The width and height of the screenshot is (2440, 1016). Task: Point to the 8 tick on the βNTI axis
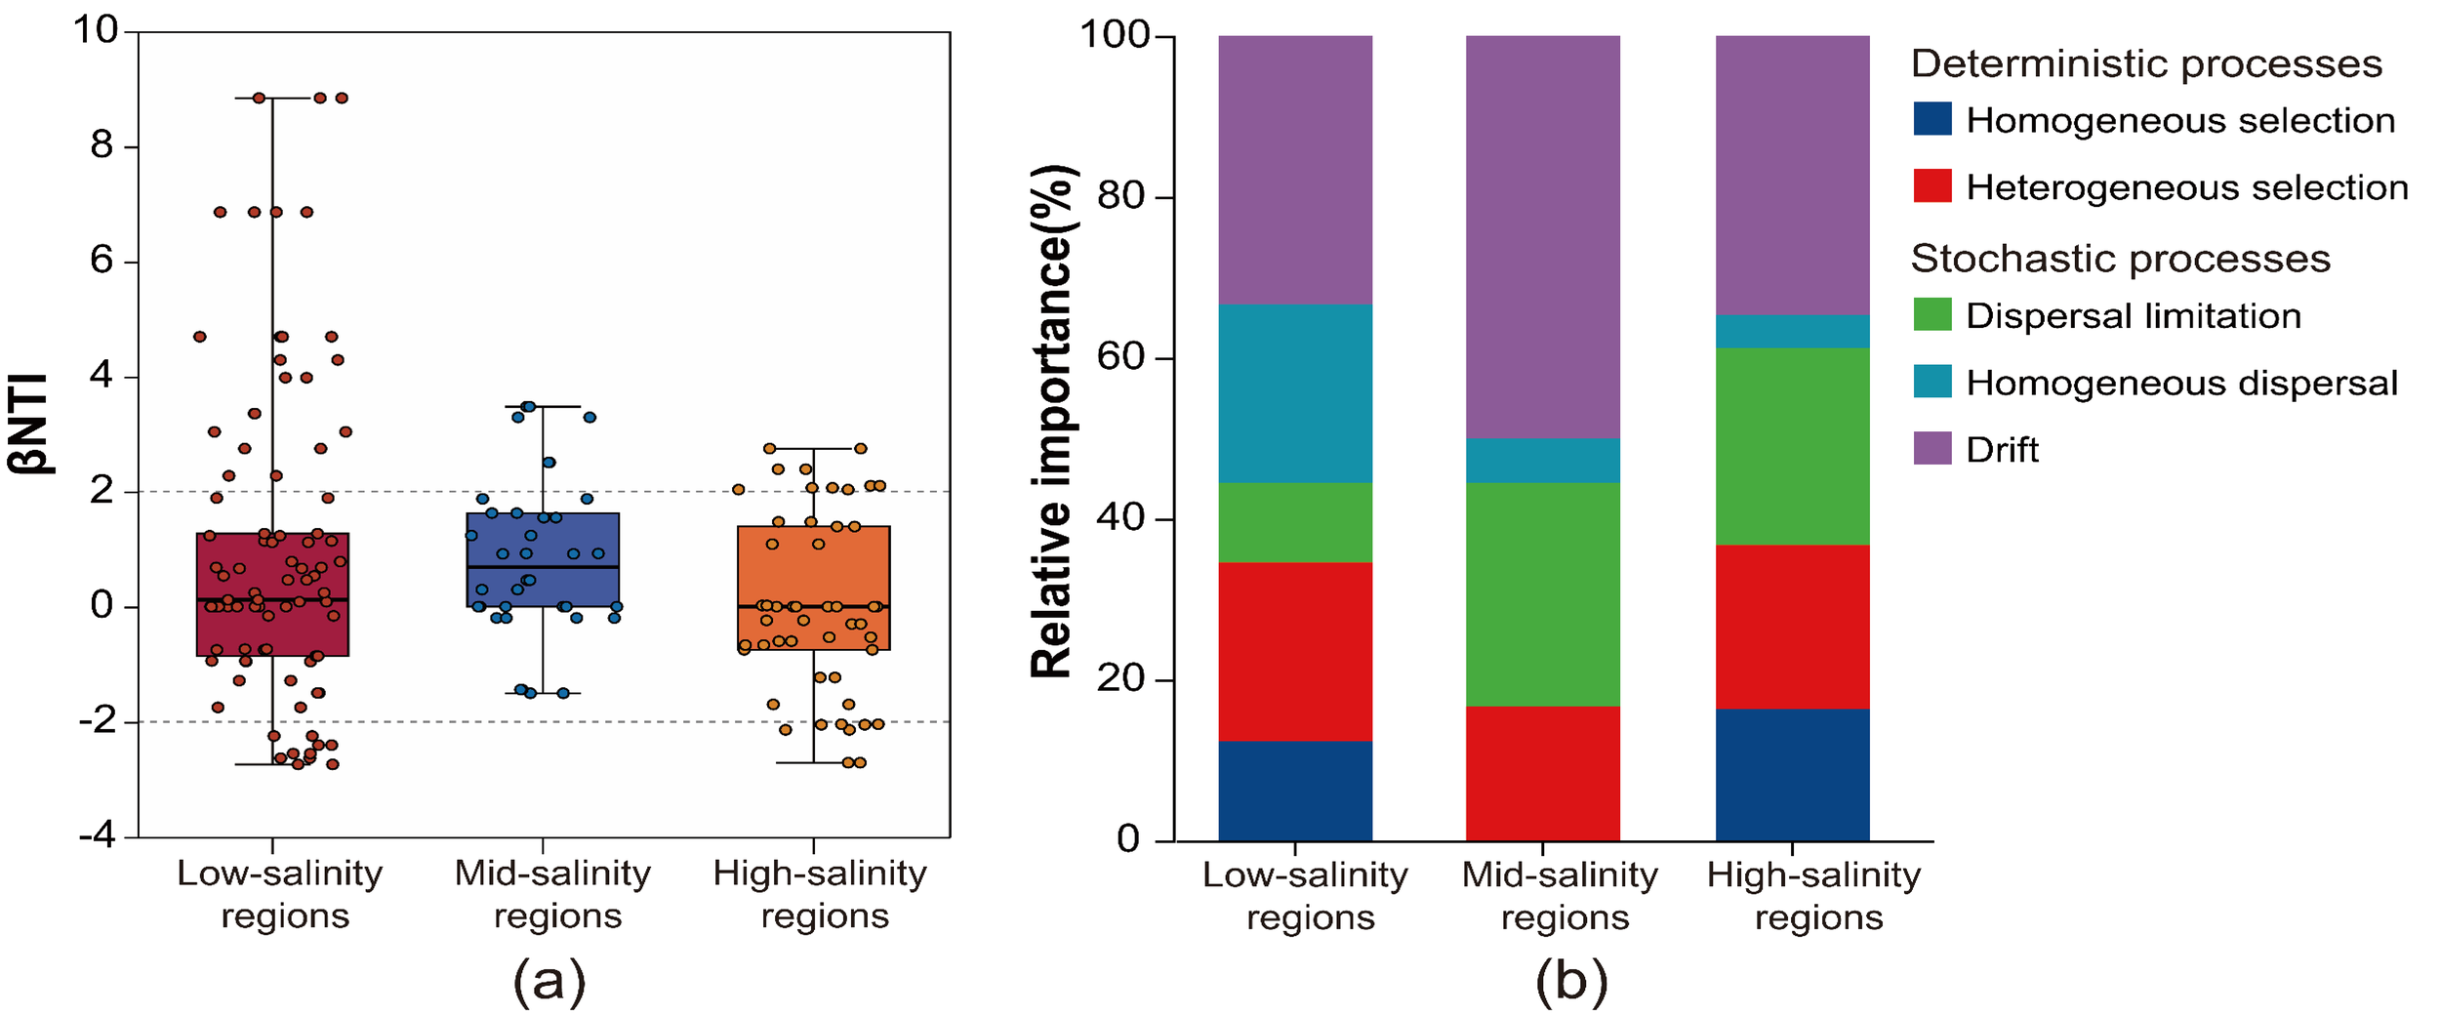102,146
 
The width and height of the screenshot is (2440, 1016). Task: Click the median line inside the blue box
543,567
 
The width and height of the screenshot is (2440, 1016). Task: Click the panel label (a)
549,980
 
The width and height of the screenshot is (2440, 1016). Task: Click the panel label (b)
1571,980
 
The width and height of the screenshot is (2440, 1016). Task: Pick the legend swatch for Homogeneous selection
1932,119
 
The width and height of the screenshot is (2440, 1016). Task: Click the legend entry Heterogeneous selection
2186,187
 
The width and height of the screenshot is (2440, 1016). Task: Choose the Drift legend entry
2001,450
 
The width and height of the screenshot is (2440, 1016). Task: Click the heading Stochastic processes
2120,259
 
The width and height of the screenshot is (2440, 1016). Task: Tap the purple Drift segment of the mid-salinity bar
1543,236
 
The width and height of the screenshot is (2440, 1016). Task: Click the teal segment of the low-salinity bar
1295,392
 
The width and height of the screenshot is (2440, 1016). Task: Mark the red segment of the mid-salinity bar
1543,773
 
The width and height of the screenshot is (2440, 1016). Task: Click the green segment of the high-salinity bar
1792,446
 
